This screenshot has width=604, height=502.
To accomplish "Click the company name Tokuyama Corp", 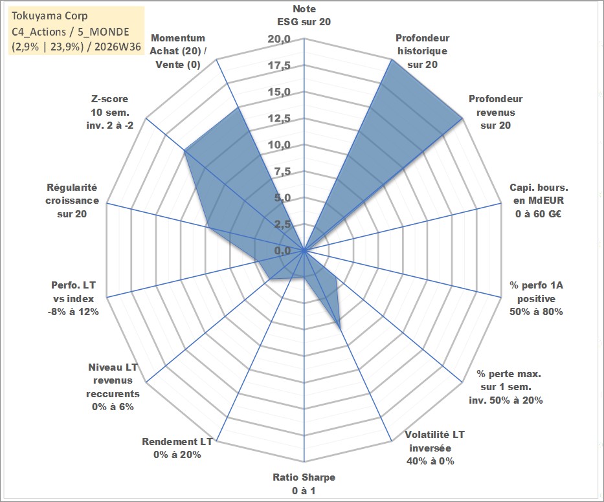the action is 50,16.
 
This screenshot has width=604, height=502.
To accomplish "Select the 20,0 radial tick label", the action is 279,39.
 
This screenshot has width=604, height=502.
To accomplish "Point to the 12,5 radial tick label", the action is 279,118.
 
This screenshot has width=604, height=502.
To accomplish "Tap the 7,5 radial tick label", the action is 282,171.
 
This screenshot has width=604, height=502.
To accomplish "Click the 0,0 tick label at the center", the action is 282,250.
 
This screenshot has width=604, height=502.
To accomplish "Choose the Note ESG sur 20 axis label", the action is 304,16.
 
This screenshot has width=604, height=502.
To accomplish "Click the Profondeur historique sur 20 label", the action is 423,51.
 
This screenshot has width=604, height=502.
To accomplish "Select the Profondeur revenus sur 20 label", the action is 496,112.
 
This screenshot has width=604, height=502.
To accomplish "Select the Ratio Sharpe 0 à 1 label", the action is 304,484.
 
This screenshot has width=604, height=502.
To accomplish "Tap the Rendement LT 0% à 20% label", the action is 177,448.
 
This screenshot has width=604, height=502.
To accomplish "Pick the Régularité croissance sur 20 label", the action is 72,201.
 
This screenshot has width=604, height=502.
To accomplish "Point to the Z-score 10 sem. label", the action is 110,112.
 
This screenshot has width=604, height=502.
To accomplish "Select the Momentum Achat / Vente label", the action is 178,51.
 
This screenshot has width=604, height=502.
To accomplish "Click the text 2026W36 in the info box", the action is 118,47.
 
